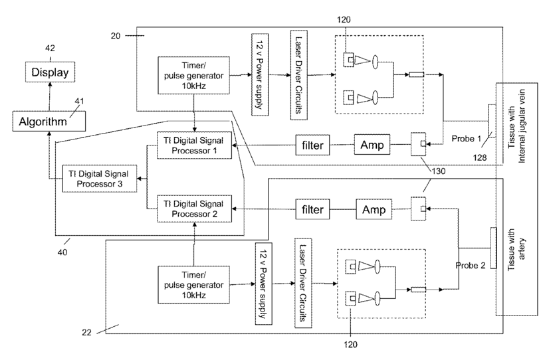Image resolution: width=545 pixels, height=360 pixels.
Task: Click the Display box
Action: pos(50,72)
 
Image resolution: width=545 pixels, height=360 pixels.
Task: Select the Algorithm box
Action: pos(49,122)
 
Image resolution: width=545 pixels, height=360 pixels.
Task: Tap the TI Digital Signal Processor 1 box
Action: pos(194,145)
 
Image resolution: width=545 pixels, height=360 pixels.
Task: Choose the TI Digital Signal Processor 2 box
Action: pos(194,209)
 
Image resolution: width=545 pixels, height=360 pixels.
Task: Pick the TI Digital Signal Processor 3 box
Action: pos(100,179)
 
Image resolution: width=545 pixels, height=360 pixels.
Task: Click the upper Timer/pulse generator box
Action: pos(193,76)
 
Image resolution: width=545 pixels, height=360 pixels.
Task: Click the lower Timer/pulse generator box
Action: pos(193,285)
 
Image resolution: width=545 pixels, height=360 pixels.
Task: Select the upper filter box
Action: pos(312,145)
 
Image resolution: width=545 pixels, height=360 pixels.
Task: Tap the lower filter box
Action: pos(312,209)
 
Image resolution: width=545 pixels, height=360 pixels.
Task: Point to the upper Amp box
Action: pos(372,145)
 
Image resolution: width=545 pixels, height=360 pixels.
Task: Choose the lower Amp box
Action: pos(374,209)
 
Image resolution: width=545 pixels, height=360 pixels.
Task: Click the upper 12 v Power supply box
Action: pos(260,74)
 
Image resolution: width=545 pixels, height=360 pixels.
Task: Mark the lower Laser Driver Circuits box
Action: pos(303,283)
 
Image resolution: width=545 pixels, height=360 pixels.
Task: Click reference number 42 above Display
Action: pos(50,48)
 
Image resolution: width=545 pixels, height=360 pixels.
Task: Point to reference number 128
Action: pos(480,157)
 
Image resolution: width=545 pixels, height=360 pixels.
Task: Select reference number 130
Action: pos(438,171)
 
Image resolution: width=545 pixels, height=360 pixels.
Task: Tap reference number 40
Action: pos(62,252)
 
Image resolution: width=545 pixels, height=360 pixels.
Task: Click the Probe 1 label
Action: pos(466,138)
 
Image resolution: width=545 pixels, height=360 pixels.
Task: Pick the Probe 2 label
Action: pos(471,265)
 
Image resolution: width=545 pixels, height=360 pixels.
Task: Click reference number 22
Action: pos(87,333)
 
